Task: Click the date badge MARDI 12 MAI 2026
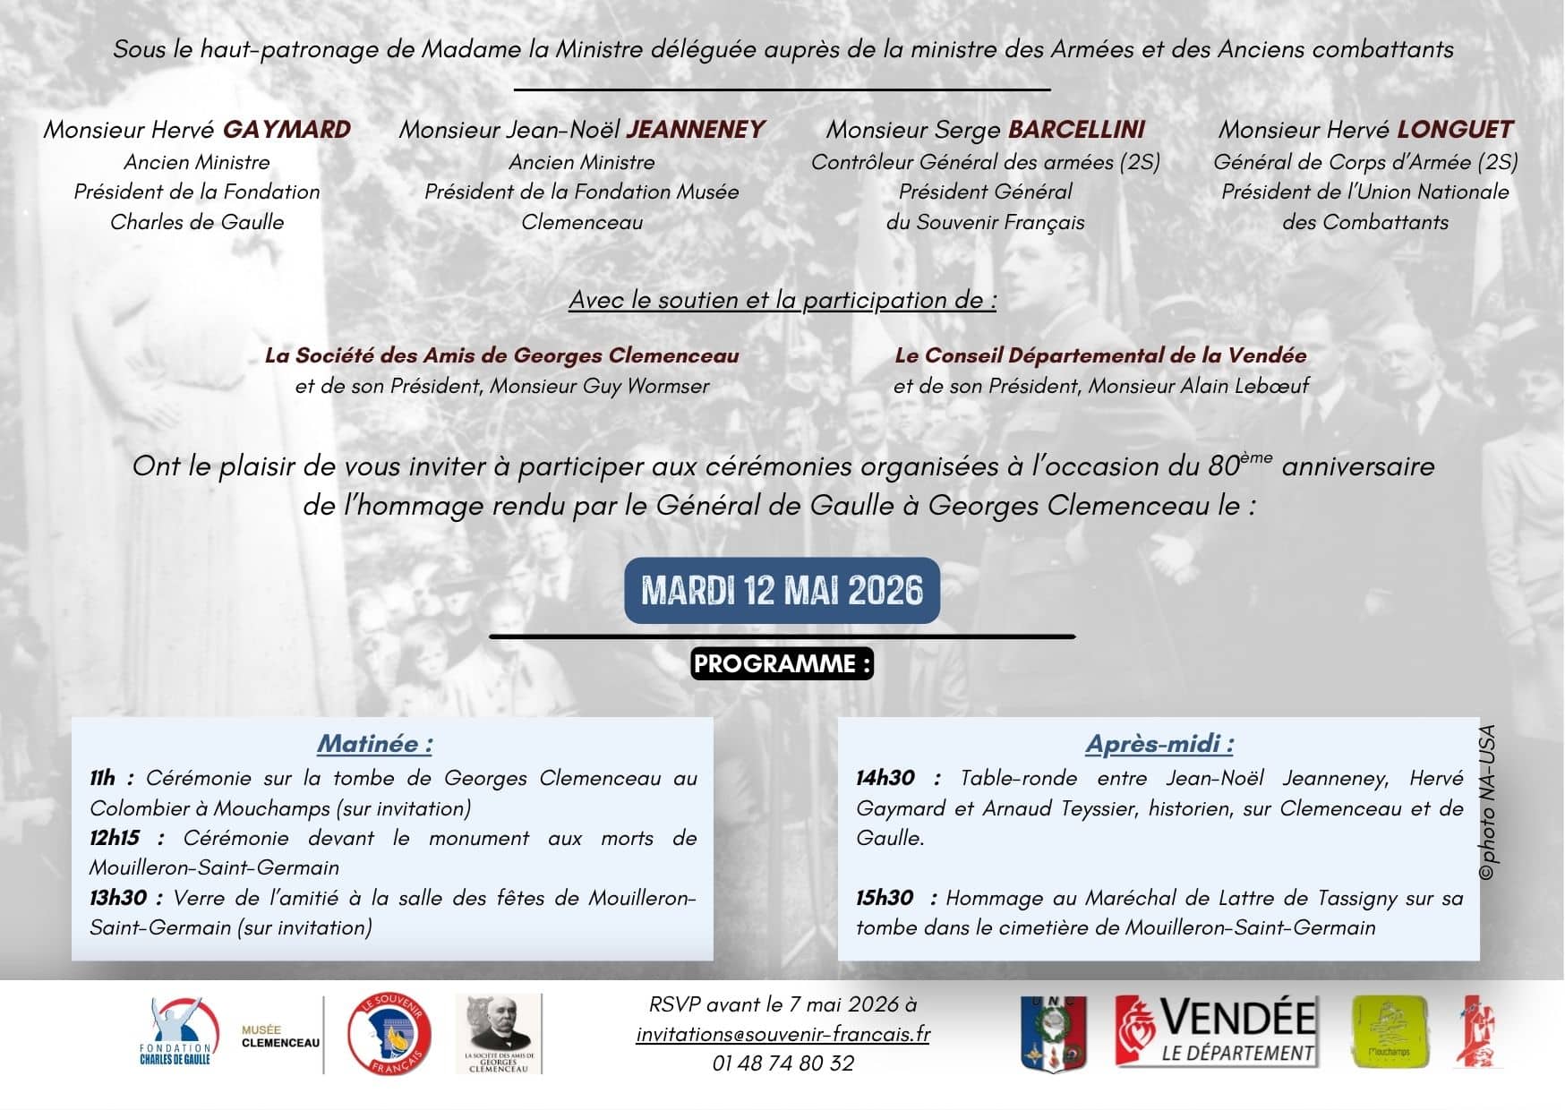782,591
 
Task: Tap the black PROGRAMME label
782,664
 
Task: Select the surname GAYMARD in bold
286,130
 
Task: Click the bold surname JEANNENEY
696,130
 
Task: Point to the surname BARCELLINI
1076,130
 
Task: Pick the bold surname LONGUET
1455,130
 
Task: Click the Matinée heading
375,744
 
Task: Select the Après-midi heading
1159,744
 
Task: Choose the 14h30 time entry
885,778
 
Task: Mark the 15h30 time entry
885,898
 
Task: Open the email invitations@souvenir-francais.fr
782,1034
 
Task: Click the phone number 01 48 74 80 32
782,1063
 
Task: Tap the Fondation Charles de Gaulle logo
179,1032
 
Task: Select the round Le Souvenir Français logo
389,1034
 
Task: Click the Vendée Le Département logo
1216,1031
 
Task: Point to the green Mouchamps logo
1389,1032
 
